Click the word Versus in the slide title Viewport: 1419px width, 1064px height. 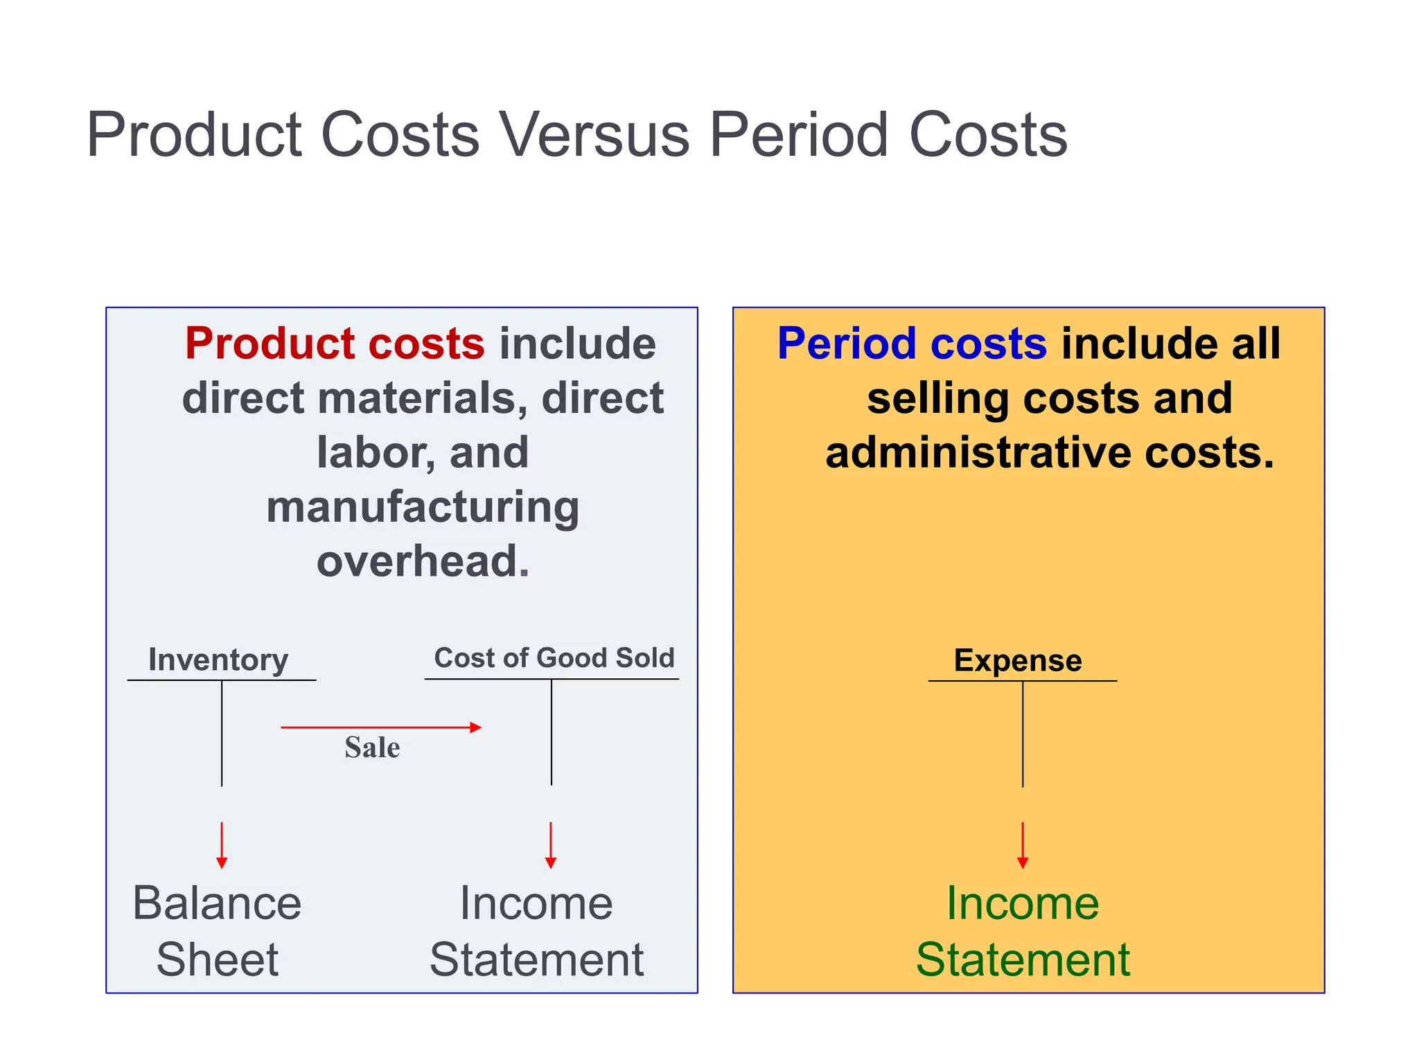click(594, 134)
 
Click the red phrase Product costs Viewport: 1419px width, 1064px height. click(335, 344)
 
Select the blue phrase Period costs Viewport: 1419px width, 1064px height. click(911, 344)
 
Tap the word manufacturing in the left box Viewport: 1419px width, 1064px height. click(423, 507)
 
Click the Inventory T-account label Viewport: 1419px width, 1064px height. click(218, 659)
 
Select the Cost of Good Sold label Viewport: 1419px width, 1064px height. click(554, 657)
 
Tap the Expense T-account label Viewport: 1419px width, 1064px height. click(1017, 660)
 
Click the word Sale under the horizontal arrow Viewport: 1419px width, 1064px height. click(372, 747)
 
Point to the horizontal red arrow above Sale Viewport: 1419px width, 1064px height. click(380, 727)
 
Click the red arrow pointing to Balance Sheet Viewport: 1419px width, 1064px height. click(222, 846)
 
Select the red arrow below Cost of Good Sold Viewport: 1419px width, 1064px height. click(551, 846)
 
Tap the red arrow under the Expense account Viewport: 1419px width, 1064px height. click(1023, 846)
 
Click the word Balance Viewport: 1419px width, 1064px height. click(217, 903)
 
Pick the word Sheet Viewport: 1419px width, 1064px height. click(217, 960)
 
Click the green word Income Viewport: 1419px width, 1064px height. click(1023, 903)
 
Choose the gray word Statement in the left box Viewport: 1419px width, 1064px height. click(536, 960)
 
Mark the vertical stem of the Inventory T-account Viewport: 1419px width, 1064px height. click(222, 734)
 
